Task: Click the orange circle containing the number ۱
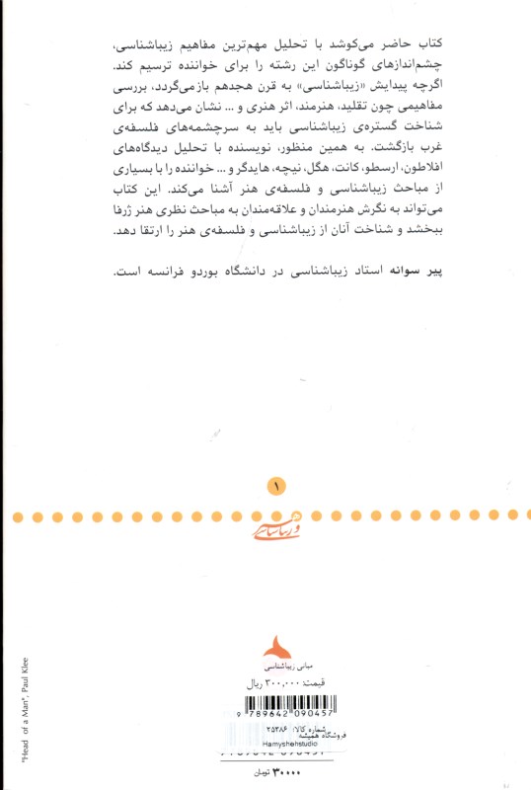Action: (x=276, y=486)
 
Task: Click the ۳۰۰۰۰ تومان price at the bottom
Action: (x=279, y=769)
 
